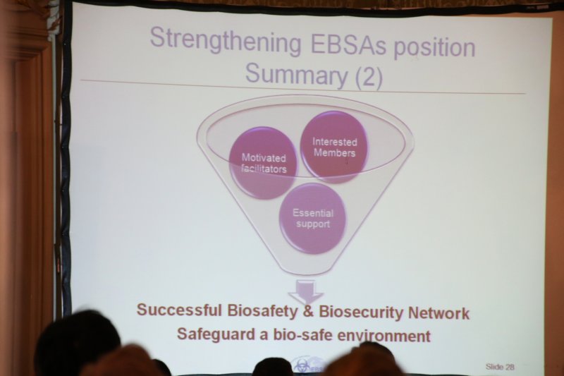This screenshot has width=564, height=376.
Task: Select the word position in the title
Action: (434, 49)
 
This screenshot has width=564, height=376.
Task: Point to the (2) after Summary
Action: (368, 77)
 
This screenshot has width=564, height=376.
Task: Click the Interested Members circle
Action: (334, 147)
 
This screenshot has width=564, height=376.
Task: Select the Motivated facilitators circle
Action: (264, 163)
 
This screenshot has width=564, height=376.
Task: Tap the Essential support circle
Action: (313, 219)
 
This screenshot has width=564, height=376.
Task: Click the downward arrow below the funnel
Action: (307, 291)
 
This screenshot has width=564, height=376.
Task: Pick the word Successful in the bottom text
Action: (178, 310)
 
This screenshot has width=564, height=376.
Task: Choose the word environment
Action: (384, 336)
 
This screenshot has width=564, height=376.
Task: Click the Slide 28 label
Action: (500, 367)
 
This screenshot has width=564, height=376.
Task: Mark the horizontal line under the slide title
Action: (302, 87)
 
